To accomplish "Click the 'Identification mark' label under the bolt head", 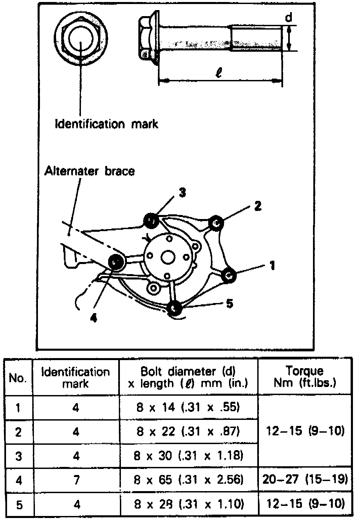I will [x=106, y=124].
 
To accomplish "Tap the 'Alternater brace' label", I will [x=90, y=171].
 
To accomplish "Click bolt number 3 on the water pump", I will [x=151, y=220].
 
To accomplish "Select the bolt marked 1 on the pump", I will [x=230, y=275].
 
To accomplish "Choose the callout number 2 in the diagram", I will [x=258, y=206].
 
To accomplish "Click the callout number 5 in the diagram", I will [x=229, y=304].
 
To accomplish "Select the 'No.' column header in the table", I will [x=18, y=378].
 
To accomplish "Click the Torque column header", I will [x=305, y=377].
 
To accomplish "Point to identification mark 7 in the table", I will [x=77, y=480].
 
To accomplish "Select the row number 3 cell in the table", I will [x=19, y=456].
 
